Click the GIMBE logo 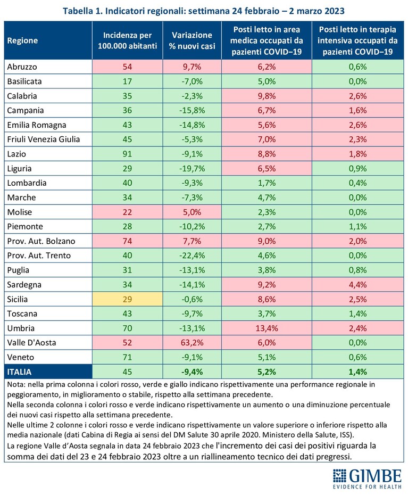[367, 478]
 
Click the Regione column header [22, 40]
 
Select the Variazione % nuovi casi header [192, 40]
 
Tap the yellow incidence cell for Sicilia [128, 299]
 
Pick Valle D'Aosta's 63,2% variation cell [192, 343]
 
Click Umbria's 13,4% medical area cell [267, 328]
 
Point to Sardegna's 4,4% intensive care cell [358, 284]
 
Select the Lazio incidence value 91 [128, 154]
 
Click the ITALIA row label [19, 372]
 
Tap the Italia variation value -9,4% [192, 372]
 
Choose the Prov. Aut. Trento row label [39, 255]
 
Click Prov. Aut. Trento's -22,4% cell [192, 255]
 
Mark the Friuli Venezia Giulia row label [44, 139]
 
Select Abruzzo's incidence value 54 [128, 67]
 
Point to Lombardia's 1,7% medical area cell [267, 183]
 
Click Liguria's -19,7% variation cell [192, 168]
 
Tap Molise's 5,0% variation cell [192, 212]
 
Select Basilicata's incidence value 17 [128, 81]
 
